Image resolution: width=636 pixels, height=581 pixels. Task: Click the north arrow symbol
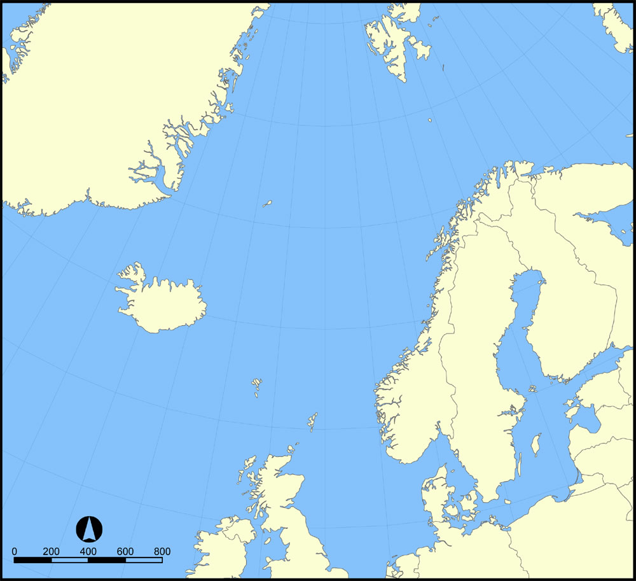pyautogui.click(x=89, y=529)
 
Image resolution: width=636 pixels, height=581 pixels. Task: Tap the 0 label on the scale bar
pyautogui.click(x=15, y=551)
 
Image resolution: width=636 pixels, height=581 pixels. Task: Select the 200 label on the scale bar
pyautogui.click(x=52, y=551)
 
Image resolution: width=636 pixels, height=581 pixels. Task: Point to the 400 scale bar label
pyautogui.click(x=88, y=551)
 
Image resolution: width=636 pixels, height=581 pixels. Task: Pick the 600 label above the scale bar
pyautogui.click(x=125, y=551)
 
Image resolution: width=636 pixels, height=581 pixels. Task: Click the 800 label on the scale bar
pyautogui.click(x=162, y=551)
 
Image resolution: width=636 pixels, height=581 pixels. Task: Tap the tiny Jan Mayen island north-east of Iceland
pyautogui.click(x=268, y=204)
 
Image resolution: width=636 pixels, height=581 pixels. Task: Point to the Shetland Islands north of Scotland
pyautogui.click(x=312, y=421)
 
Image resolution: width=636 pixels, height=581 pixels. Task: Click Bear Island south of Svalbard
pyautogui.click(x=431, y=120)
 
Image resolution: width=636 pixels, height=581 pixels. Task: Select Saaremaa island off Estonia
pyautogui.click(x=572, y=414)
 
